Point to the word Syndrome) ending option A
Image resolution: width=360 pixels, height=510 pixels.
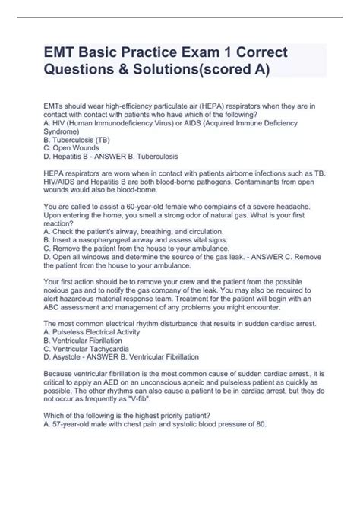[65, 132]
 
